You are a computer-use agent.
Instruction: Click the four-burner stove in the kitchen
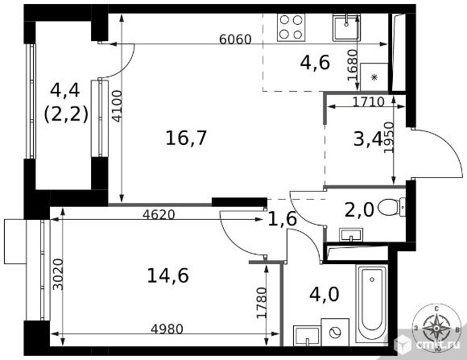(x=291, y=27)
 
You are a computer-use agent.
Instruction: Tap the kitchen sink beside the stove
(x=346, y=27)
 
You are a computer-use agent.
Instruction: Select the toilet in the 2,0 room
(x=392, y=208)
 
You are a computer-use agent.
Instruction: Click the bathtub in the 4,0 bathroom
(x=371, y=304)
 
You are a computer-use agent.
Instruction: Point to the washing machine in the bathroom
(x=335, y=333)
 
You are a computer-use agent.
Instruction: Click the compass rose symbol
(x=436, y=328)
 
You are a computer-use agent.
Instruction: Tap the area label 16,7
(x=186, y=139)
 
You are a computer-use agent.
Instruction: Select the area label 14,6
(x=168, y=275)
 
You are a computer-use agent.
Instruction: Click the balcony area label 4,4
(x=64, y=90)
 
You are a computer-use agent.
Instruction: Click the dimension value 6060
(x=235, y=39)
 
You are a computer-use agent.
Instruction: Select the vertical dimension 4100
(x=118, y=106)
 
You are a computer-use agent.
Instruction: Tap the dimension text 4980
(x=167, y=329)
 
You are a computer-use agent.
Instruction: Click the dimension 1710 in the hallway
(x=369, y=102)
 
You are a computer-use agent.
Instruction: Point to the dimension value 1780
(x=262, y=303)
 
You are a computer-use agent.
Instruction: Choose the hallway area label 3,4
(x=368, y=139)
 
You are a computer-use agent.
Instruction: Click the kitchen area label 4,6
(x=315, y=63)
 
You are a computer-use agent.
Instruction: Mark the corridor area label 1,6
(x=283, y=219)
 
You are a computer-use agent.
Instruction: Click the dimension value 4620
(x=159, y=214)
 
